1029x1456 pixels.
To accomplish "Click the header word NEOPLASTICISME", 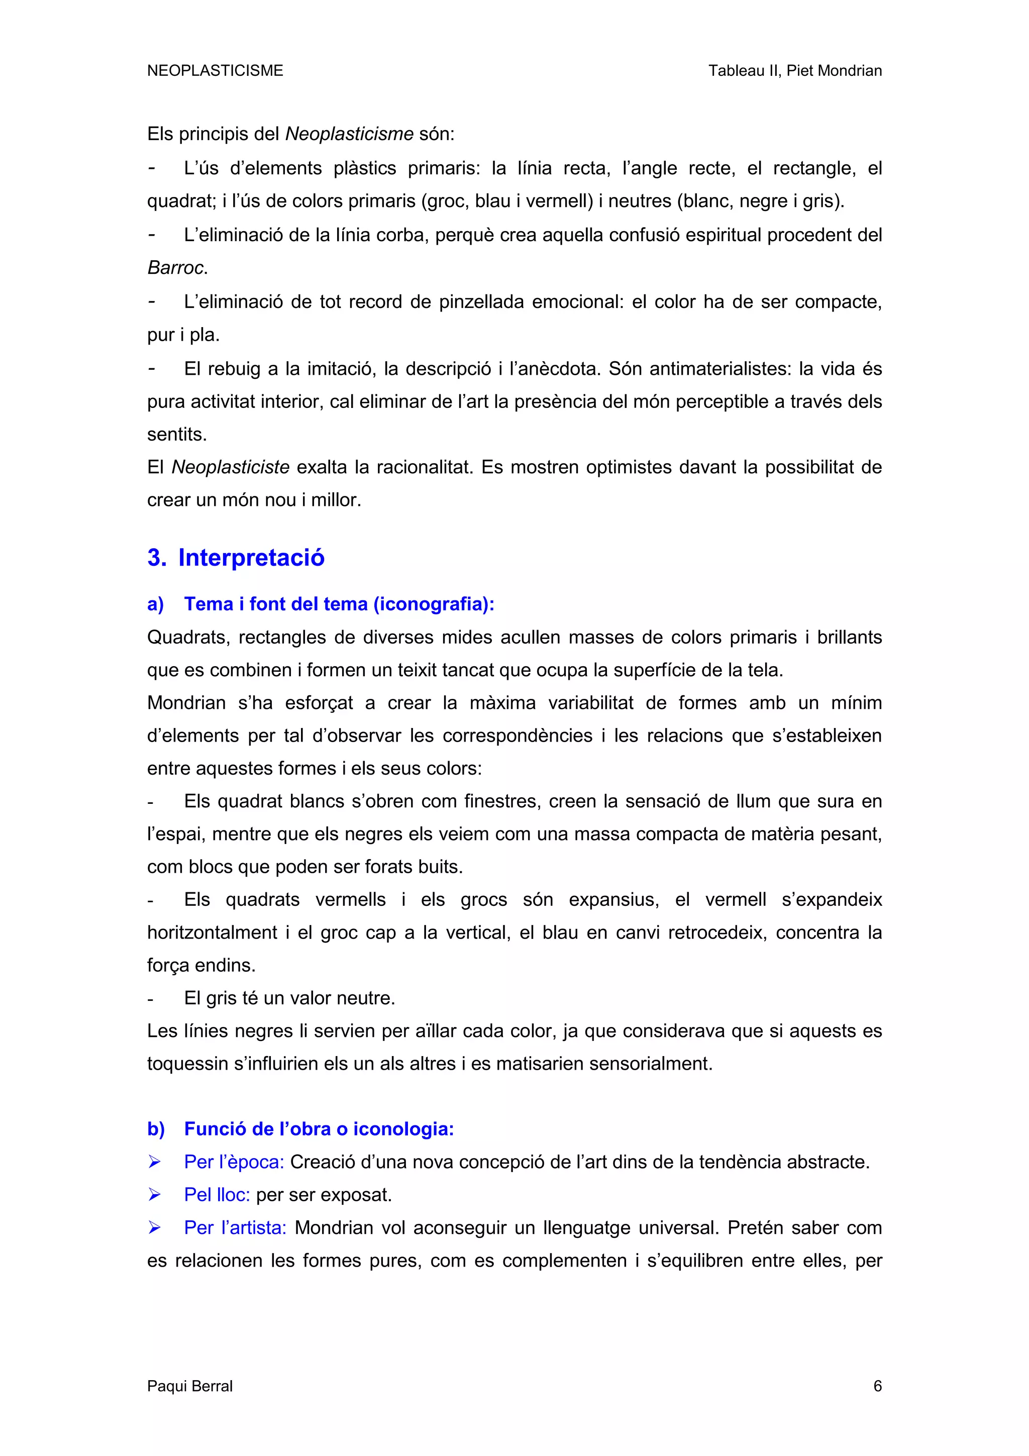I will point(215,70).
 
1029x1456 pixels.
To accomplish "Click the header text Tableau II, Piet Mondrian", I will point(794,70).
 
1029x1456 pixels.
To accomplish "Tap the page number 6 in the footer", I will point(877,1386).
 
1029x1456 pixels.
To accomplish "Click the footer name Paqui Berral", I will point(189,1386).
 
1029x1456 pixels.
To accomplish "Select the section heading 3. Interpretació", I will point(236,557).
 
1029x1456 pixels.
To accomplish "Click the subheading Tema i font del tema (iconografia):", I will point(339,604).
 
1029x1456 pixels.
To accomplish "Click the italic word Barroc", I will point(176,268).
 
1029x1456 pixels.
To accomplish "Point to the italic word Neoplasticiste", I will point(230,467).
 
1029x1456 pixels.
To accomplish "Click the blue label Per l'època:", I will point(233,1162).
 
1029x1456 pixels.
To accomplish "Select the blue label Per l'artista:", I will point(235,1228).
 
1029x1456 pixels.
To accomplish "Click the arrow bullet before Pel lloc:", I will point(154,1195).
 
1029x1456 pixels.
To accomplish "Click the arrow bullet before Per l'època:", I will point(154,1162).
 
